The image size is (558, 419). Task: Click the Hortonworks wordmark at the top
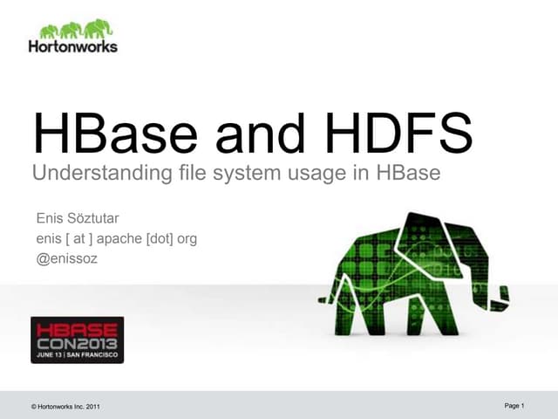[72, 45]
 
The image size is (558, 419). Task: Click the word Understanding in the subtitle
[93, 174]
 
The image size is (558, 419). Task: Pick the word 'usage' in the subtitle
[319, 174]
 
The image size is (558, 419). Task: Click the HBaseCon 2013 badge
[77, 340]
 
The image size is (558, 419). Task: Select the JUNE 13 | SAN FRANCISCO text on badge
[77, 355]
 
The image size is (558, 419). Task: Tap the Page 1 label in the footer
[514, 406]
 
